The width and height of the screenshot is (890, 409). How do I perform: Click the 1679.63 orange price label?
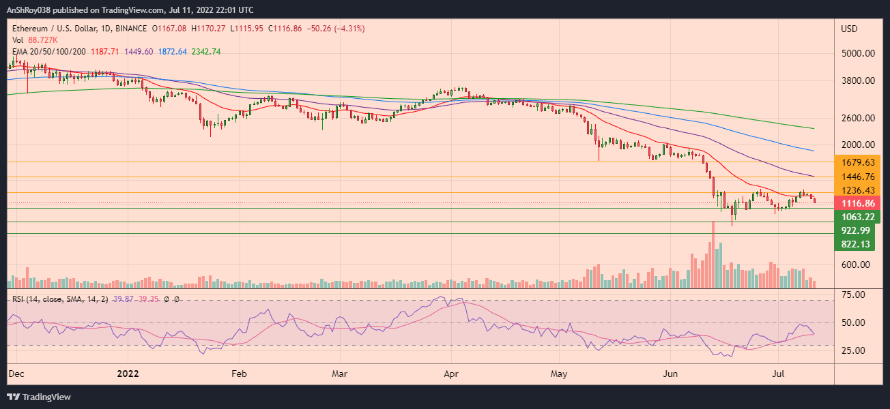click(x=859, y=162)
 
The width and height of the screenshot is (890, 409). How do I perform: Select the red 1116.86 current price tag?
click(x=859, y=204)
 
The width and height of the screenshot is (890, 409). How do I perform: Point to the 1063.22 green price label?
click(x=859, y=217)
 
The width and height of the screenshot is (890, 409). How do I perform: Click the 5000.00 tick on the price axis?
click(x=859, y=53)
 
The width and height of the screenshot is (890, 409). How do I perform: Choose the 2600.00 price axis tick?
click(x=859, y=118)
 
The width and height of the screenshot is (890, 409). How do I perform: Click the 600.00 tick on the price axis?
click(x=859, y=265)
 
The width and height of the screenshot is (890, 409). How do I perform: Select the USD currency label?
click(x=850, y=29)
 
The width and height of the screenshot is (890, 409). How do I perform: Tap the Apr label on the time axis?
click(x=451, y=374)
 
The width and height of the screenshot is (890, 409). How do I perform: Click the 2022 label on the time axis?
click(x=128, y=374)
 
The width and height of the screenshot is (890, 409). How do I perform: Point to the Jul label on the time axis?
click(x=778, y=374)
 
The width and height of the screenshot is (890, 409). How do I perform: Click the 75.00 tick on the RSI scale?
click(x=854, y=294)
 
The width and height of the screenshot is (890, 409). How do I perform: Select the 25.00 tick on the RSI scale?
click(x=854, y=350)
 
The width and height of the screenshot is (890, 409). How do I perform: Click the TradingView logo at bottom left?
click(x=39, y=397)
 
